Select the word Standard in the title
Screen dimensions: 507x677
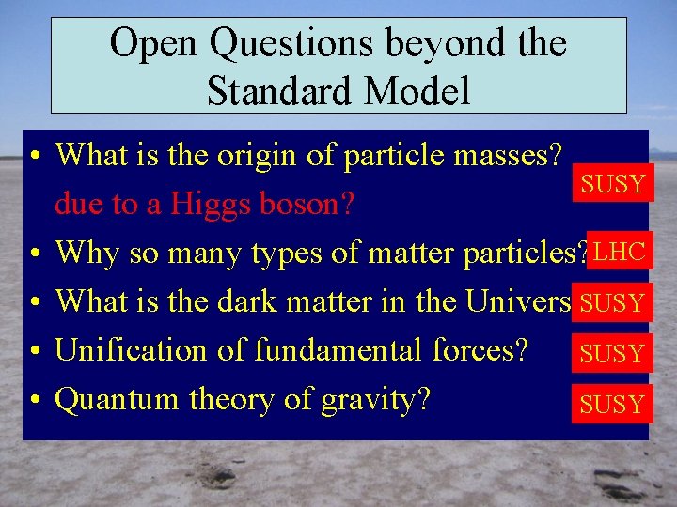[276, 91]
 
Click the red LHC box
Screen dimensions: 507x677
[620, 251]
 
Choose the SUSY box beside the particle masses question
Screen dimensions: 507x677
[613, 183]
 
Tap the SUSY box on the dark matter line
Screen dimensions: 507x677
[612, 302]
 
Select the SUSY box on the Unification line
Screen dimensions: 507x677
[612, 354]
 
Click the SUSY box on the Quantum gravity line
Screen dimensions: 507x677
[612, 405]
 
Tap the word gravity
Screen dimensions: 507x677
[376, 401]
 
